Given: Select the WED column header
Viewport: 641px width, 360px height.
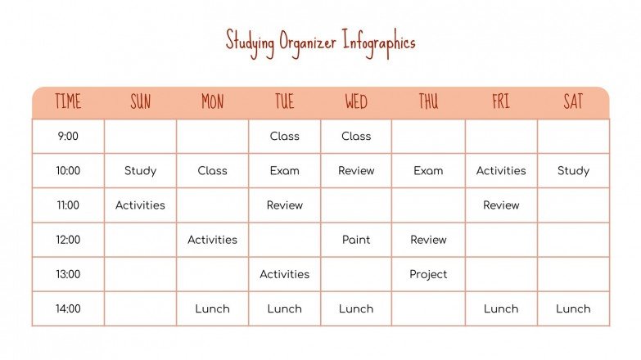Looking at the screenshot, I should click(356, 102).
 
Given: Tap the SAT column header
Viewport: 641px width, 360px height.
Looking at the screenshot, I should click(573, 102).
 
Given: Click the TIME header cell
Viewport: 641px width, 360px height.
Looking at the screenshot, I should click(68, 102).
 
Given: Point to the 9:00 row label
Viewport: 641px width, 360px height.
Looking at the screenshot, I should click(68, 137).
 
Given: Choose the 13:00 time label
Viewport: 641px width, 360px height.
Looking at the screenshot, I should click(68, 274).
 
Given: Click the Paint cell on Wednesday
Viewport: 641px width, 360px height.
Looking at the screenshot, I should click(356, 240).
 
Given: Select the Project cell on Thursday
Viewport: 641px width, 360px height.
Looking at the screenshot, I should click(428, 274).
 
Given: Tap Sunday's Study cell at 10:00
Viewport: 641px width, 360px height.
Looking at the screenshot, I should click(140, 171).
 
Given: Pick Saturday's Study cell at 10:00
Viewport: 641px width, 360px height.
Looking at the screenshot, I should click(573, 171).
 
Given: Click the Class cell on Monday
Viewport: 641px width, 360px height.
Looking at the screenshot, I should click(212, 171).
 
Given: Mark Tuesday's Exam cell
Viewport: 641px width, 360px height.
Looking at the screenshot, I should click(284, 171).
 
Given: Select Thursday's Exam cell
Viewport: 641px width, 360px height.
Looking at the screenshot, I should click(428, 171).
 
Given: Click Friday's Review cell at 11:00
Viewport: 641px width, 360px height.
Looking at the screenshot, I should click(501, 205).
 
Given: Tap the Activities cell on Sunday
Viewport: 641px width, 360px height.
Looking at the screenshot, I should click(140, 205).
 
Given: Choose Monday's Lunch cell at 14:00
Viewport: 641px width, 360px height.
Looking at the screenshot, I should click(212, 308).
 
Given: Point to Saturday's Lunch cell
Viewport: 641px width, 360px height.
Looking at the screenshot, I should click(573, 308).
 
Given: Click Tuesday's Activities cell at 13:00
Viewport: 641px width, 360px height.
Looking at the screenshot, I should click(284, 274).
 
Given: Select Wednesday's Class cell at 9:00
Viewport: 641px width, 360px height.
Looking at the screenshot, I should click(356, 137).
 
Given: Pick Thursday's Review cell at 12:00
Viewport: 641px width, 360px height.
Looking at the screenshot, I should click(428, 240).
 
